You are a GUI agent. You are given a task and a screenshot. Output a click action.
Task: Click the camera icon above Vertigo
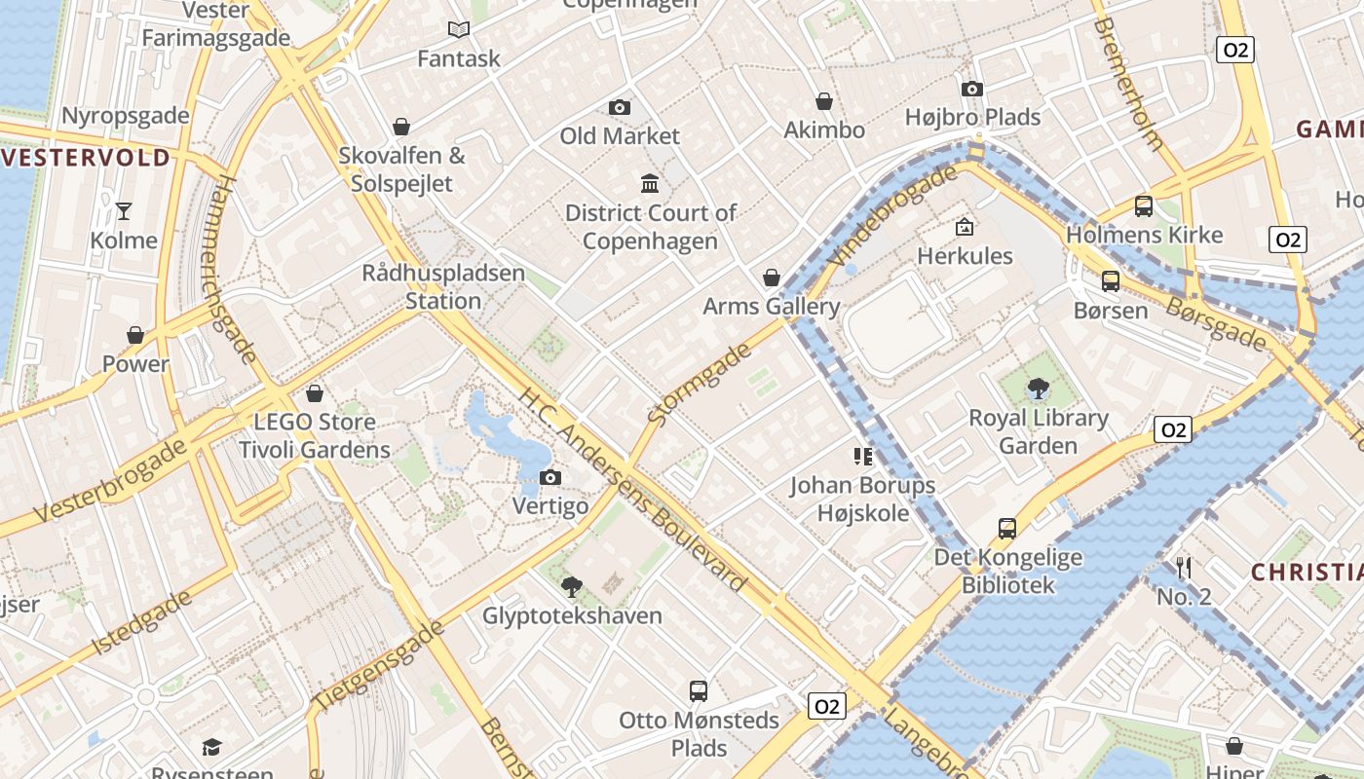pos(550,477)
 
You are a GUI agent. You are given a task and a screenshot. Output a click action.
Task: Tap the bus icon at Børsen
pos(1110,281)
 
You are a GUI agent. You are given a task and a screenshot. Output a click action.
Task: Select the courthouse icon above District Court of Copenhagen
pos(650,183)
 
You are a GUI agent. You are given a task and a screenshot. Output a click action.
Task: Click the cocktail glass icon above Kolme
pos(124,210)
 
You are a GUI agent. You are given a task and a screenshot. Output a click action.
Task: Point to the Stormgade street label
pos(700,384)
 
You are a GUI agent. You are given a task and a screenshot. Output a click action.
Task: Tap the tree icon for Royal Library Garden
pos(1039,389)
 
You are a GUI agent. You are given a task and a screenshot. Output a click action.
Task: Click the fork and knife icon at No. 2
pos(1184,567)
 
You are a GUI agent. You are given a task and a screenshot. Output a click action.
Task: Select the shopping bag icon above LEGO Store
pos(315,393)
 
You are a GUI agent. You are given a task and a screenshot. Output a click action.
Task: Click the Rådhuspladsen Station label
pos(443,287)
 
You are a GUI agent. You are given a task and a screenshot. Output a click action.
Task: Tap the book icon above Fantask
pos(458,29)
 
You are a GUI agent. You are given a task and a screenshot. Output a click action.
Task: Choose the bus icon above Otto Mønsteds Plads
pos(699,691)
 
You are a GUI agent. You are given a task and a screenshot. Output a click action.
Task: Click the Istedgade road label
pos(142,623)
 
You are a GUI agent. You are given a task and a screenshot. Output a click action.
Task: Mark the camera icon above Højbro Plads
pos(971,89)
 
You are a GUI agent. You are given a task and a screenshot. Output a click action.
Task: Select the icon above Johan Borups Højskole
pos(862,456)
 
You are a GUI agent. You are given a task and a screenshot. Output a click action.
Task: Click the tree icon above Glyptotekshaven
pos(572,586)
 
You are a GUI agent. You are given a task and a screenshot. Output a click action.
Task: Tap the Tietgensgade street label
pos(378,665)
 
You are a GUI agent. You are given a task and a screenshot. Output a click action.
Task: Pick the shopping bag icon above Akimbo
pos(824,101)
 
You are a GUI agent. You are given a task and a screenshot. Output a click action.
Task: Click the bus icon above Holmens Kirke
pos(1144,205)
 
